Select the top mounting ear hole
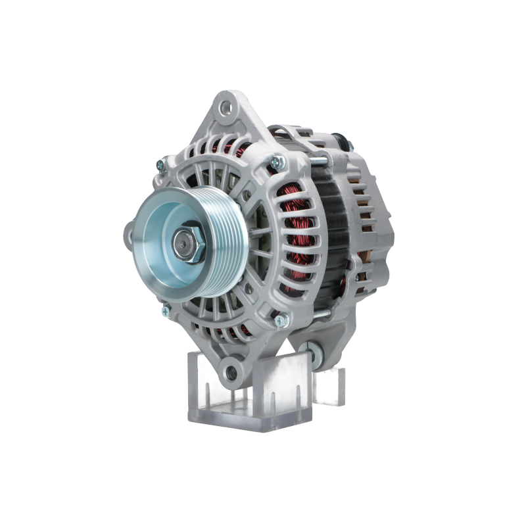pos(227,106)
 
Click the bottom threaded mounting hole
pos(231,373)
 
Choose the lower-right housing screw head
pos(279,321)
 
